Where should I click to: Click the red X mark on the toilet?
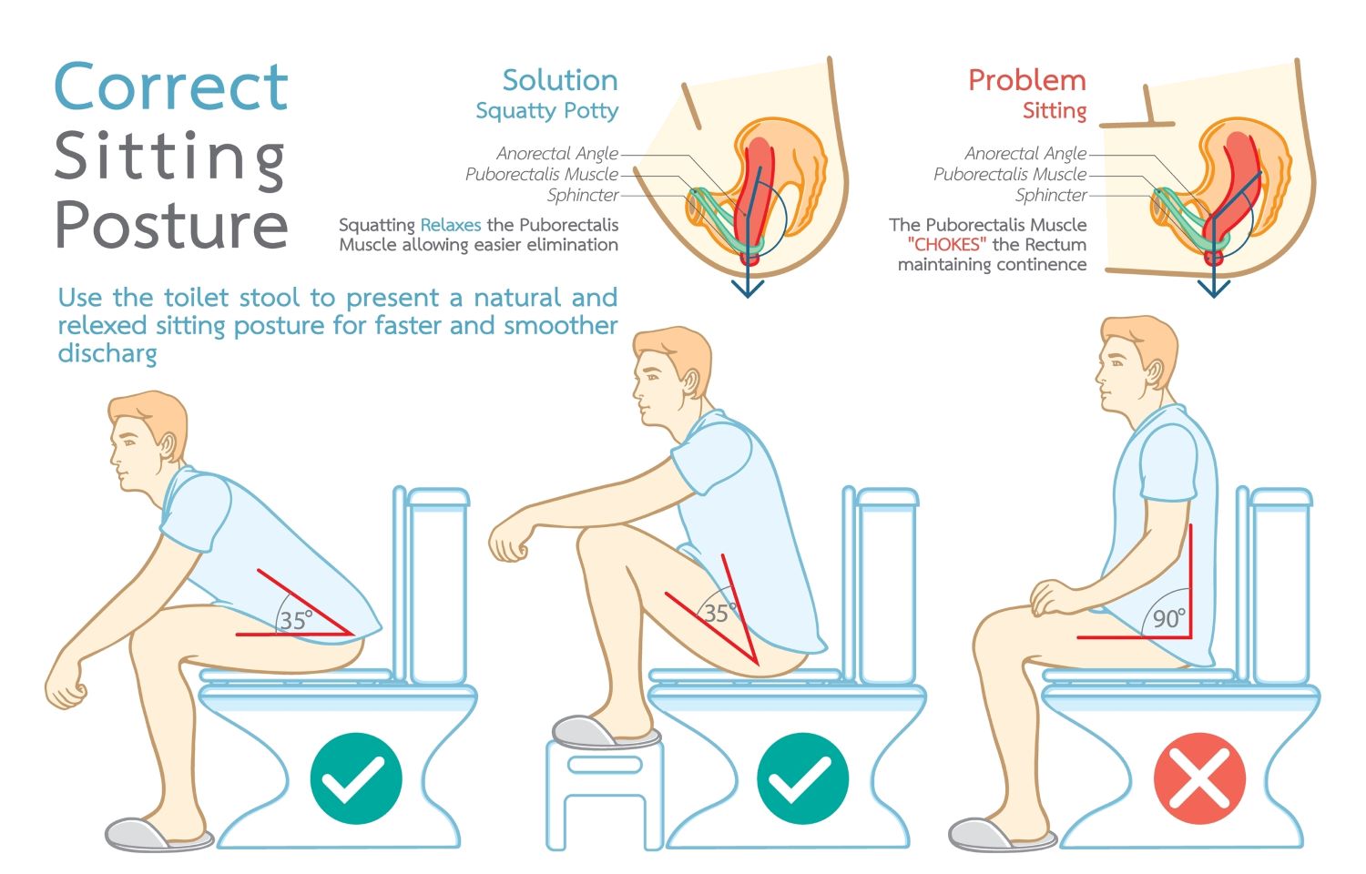point(1199,778)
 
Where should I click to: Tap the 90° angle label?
point(1169,618)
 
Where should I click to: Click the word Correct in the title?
point(171,86)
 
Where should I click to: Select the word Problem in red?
point(1027,80)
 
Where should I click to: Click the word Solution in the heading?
point(560,80)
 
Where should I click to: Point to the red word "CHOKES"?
point(946,244)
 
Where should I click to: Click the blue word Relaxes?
point(451,225)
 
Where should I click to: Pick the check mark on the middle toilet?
point(802,778)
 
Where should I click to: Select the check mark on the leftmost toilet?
point(356,778)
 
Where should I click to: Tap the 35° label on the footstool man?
point(719,613)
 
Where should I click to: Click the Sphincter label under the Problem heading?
point(1051,195)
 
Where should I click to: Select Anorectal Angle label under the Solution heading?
point(557,153)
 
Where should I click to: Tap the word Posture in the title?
point(171,224)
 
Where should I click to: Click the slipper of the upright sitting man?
point(1002,834)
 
